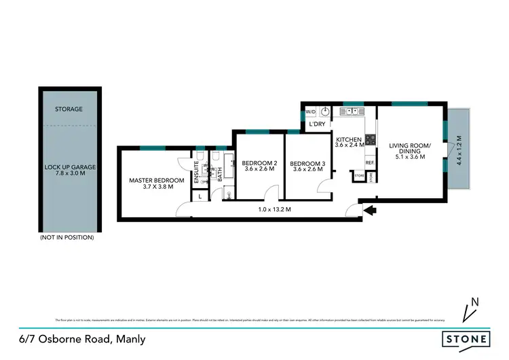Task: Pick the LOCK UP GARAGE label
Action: [x=69, y=167]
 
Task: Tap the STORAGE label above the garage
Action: [x=69, y=109]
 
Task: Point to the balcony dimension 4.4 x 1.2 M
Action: [x=459, y=151]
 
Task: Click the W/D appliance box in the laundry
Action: [x=311, y=111]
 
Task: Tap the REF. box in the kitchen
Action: [x=370, y=162]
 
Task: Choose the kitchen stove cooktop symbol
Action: [x=371, y=141]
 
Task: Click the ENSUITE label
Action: [x=197, y=172]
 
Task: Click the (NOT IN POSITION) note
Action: [x=67, y=238]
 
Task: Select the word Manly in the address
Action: [x=131, y=338]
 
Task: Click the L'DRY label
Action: [x=318, y=125]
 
